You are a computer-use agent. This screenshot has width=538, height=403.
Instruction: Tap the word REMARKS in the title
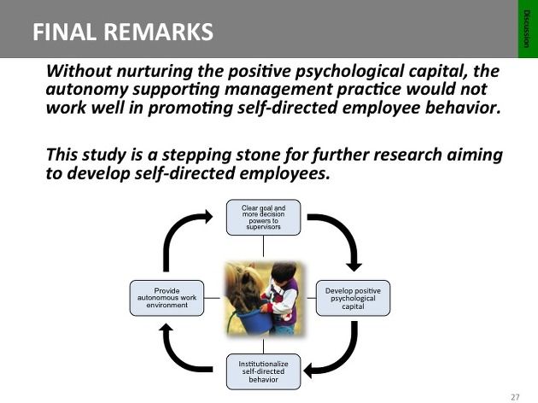158,32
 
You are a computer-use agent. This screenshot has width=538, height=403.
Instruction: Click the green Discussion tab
528,29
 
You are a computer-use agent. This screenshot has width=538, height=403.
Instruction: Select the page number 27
515,396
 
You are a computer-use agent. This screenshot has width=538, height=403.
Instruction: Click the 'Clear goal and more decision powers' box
263,218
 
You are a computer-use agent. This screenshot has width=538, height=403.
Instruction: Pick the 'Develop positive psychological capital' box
353,298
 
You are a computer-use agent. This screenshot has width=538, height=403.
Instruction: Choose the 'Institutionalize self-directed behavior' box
263,371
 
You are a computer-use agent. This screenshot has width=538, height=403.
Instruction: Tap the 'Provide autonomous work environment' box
167,298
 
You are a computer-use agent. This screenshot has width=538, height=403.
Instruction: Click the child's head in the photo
284,272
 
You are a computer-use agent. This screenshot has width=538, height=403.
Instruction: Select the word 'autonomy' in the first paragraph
86,90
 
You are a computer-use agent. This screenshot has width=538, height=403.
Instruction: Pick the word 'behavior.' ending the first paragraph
463,108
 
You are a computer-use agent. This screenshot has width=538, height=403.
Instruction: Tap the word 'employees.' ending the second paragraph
284,173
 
